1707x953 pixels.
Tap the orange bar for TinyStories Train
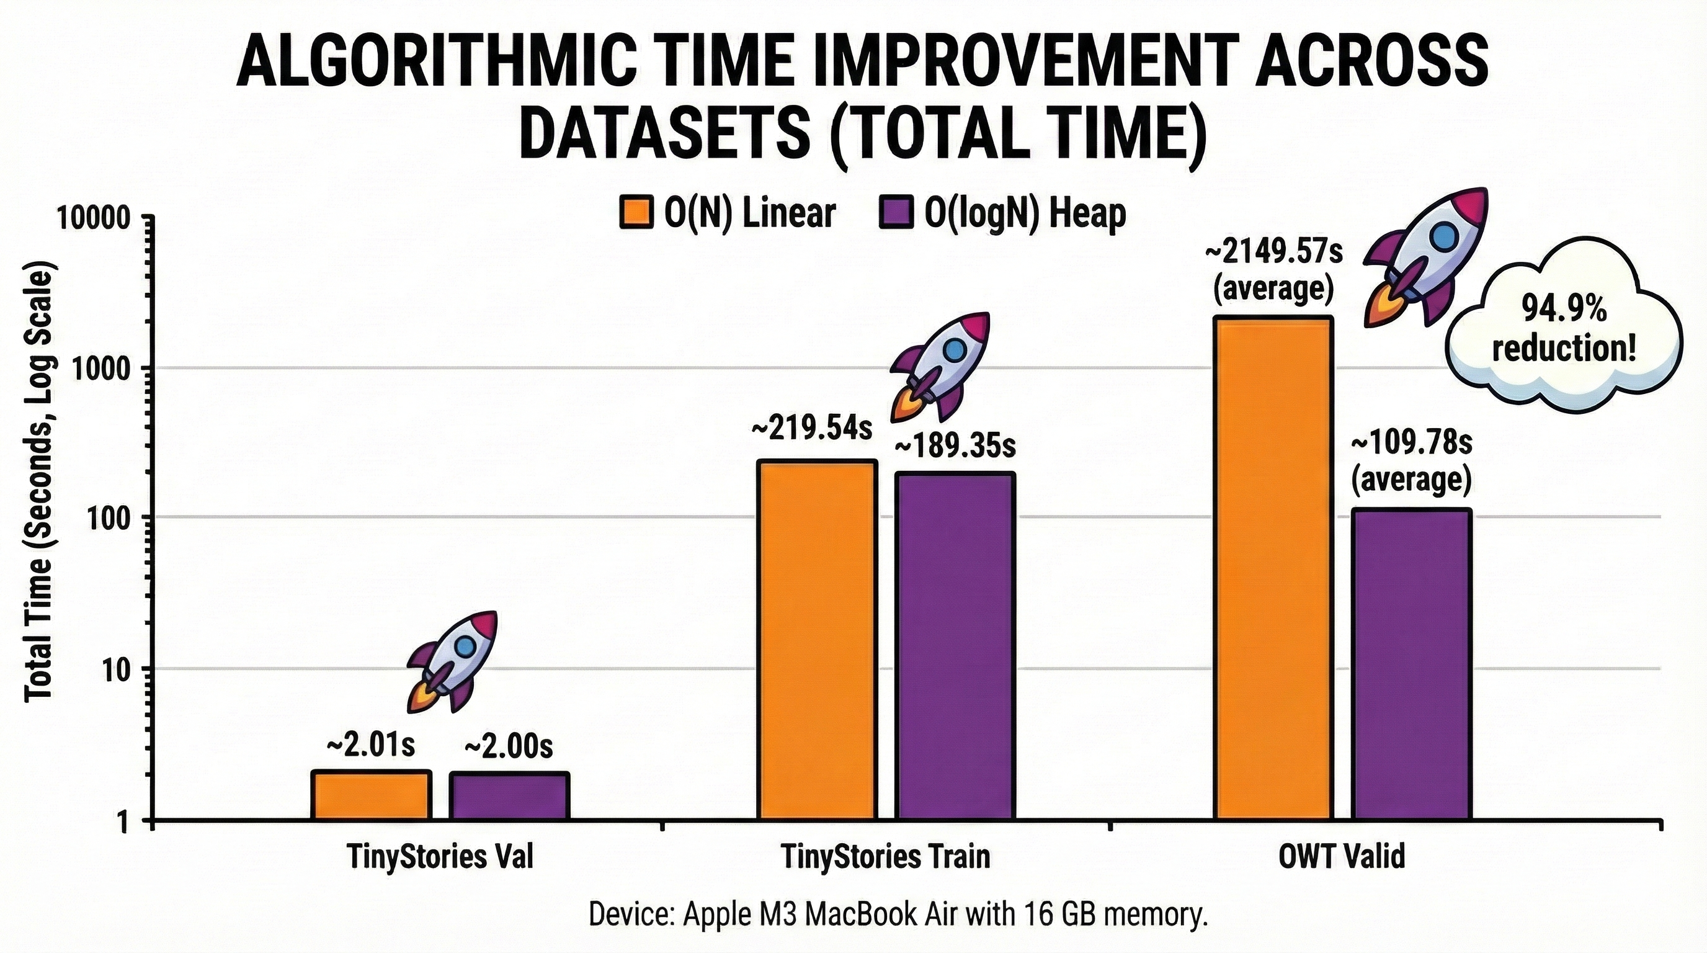(818, 640)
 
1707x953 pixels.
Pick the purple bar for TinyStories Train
(955, 646)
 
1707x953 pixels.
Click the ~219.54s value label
(811, 429)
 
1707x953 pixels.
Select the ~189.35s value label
(955, 446)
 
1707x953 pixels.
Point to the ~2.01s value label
(371, 746)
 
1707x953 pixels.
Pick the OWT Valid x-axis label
(1341, 857)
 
